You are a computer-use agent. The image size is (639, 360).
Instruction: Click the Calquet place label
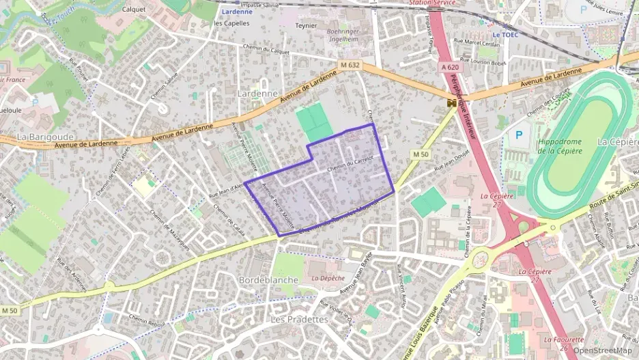(134, 9)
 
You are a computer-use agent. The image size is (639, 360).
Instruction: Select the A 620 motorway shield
(450, 67)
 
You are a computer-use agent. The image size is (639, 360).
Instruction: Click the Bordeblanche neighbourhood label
(268, 280)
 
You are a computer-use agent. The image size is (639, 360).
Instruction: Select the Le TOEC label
(506, 34)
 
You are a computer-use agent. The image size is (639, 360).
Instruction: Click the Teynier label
(305, 25)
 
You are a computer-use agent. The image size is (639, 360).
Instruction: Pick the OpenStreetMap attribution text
(602, 351)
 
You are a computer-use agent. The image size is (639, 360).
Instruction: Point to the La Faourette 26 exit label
(564, 344)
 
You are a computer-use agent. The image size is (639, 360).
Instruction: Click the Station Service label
(432, 3)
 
